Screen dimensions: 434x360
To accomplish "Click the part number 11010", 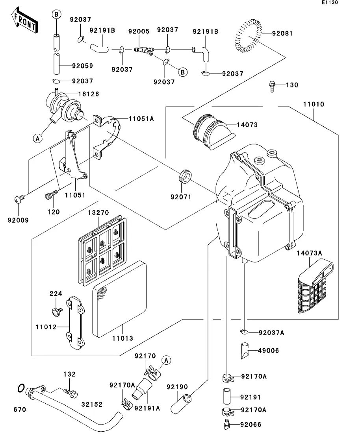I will click(314, 105).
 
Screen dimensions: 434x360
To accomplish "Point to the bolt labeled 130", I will click(272, 85).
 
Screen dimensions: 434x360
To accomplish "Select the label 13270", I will click(98, 213).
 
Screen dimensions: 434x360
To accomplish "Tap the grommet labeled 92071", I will click(184, 176).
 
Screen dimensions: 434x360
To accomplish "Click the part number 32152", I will click(92, 404).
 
